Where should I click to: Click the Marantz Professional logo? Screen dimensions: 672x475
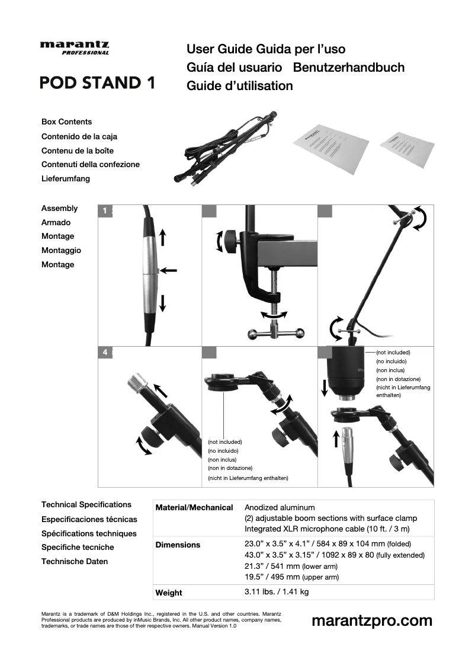point(75,47)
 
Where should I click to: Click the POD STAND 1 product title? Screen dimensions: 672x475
point(98,82)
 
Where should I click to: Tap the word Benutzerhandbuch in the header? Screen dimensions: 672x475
point(349,67)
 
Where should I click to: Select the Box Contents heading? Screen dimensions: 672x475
point(66,121)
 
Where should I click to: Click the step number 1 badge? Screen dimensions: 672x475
point(105,210)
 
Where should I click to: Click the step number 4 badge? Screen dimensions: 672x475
point(105,352)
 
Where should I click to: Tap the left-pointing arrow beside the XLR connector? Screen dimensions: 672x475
point(169,270)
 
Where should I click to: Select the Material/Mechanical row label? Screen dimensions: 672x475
point(194,508)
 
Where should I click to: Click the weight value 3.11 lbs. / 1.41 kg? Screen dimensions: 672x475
point(277,592)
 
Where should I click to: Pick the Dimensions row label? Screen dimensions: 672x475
point(178,545)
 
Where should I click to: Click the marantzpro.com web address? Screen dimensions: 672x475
point(371,620)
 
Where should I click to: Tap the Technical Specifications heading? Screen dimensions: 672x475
point(86,504)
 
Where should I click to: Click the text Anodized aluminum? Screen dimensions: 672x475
point(280,508)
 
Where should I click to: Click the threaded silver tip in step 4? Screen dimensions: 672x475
point(137,384)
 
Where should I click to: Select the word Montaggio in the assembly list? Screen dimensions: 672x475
point(61,250)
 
